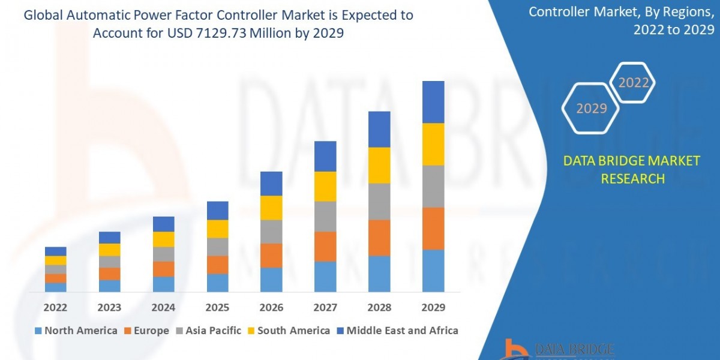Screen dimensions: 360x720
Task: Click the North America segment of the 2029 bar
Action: click(x=433, y=271)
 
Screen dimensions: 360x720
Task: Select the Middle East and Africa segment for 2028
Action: click(x=379, y=129)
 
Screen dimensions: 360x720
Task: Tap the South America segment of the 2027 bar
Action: click(x=325, y=186)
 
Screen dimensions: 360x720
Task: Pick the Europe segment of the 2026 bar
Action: click(x=271, y=256)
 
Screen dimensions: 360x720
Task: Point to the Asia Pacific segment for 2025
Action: click(x=218, y=247)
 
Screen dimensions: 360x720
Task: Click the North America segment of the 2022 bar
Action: click(x=56, y=287)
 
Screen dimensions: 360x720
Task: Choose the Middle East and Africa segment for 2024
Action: click(x=164, y=224)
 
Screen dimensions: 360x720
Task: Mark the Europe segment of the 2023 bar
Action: click(x=110, y=274)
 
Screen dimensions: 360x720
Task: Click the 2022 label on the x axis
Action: click(x=56, y=307)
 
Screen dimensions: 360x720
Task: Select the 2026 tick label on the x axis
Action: click(x=271, y=307)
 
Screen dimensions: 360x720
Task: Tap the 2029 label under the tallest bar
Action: click(x=433, y=307)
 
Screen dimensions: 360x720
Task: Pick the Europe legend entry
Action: click(x=146, y=331)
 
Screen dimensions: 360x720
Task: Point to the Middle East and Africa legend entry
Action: click(x=397, y=331)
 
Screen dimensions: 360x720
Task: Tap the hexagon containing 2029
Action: click(x=592, y=109)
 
